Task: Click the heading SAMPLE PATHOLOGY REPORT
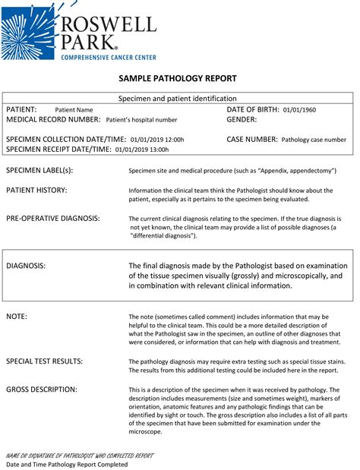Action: point(178,79)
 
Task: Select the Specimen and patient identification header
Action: point(178,99)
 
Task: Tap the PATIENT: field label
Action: point(21,110)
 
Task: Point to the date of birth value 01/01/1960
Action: point(299,110)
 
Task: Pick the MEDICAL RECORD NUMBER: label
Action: point(53,119)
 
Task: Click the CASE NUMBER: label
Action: point(252,140)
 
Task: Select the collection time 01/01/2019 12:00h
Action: point(157,140)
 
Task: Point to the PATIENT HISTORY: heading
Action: point(36,190)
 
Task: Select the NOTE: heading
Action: point(17,315)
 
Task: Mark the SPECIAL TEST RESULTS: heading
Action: point(45,361)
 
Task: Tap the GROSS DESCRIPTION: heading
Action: point(42,390)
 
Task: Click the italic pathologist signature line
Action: point(80,455)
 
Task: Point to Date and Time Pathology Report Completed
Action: point(67,464)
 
